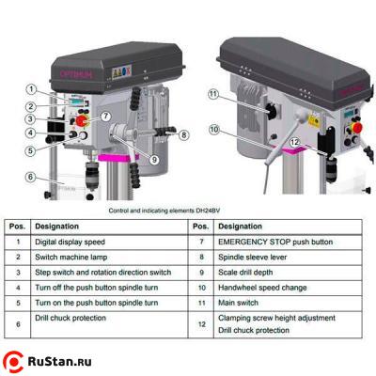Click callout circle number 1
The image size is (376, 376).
coord(31,89)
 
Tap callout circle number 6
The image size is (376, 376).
coord(31,176)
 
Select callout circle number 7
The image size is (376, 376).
coord(106,116)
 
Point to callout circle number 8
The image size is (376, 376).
coord(184,135)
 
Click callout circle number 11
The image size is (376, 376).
coord(213,93)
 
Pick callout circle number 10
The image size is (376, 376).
coord(214,129)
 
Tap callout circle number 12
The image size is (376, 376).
coord(294,142)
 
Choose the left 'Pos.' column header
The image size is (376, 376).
coord(17,227)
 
